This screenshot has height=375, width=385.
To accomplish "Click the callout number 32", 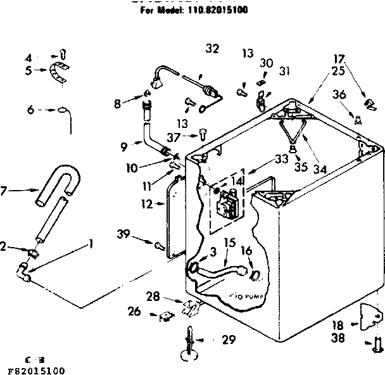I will coord(211,48).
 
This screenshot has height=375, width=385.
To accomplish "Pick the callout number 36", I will coord(339,94).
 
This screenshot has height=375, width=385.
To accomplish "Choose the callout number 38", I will coord(338,338).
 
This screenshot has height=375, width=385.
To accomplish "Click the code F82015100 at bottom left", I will coord(32,369).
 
